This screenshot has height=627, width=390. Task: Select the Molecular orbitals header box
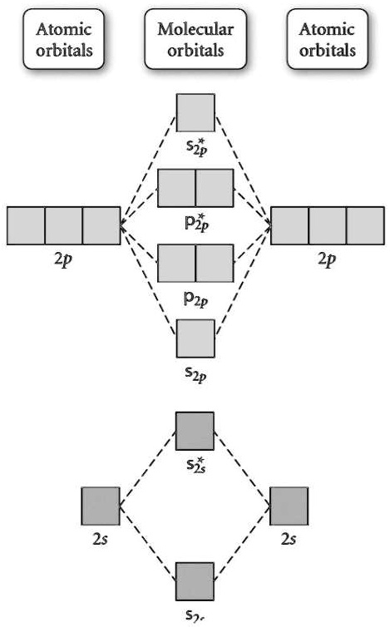(195, 38)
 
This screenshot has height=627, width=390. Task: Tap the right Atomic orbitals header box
(328, 38)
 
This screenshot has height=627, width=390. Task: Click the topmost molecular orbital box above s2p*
(195, 112)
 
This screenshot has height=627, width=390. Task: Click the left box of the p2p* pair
(176, 187)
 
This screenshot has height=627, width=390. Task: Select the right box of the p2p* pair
(215, 187)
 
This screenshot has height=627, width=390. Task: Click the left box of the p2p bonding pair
(176, 264)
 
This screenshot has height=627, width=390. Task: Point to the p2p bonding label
(196, 297)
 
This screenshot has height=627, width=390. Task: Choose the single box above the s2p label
(195, 339)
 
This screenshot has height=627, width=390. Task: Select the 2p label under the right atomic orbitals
(326, 259)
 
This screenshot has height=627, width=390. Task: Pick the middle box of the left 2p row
(64, 225)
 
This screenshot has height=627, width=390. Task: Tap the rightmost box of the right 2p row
(366, 225)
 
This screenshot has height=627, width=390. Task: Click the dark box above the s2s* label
(195, 430)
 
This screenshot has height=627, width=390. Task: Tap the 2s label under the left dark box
(100, 540)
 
